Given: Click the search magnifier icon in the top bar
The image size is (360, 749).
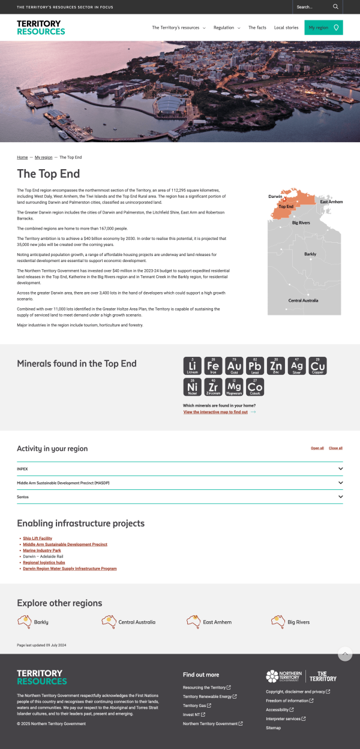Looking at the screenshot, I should tap(335, 7).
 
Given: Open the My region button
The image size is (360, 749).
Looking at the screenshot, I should tap(323, 28).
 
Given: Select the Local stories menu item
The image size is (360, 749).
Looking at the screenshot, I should tap(286, 28).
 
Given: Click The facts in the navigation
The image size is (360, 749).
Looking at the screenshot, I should tap(257, 28).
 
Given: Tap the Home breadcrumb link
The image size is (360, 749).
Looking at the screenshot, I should tap(22, 157).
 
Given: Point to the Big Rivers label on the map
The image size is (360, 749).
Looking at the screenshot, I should tap(301, 222).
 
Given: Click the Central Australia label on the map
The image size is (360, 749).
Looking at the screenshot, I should tap(303, 300).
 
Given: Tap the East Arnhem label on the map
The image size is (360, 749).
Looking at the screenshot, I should tap(331, 202).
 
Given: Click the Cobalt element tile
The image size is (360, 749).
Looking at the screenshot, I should tap(255, 387).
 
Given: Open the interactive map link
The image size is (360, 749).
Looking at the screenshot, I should tap(215, 412).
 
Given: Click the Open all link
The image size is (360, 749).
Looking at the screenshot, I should tap(317, 448).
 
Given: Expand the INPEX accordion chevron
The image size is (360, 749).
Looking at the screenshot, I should tap(340, 468).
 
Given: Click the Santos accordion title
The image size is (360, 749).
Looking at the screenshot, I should tap(23, 497).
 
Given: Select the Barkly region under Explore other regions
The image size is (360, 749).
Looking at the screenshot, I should tap(41, 622).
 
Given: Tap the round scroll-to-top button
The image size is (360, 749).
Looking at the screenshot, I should tap(345, 654).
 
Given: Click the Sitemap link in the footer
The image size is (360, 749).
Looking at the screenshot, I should tap(273, 727).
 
